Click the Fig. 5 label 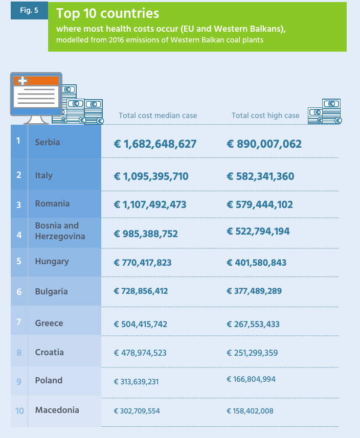29,10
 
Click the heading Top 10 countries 107,13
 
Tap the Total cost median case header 158,116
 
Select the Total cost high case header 265,116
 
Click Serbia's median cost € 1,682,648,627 155,144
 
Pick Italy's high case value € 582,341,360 260,176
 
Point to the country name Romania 52,203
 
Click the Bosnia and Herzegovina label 60,230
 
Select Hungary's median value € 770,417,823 143,263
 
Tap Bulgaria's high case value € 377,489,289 254,291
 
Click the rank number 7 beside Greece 19,322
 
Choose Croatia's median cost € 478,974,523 140,353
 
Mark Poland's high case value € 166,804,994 251,379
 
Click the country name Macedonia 57,410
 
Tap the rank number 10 19,411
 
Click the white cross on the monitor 22,81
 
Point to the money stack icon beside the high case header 325,111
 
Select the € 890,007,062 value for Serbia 264,144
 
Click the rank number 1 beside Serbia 18,141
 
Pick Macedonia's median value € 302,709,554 137,411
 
